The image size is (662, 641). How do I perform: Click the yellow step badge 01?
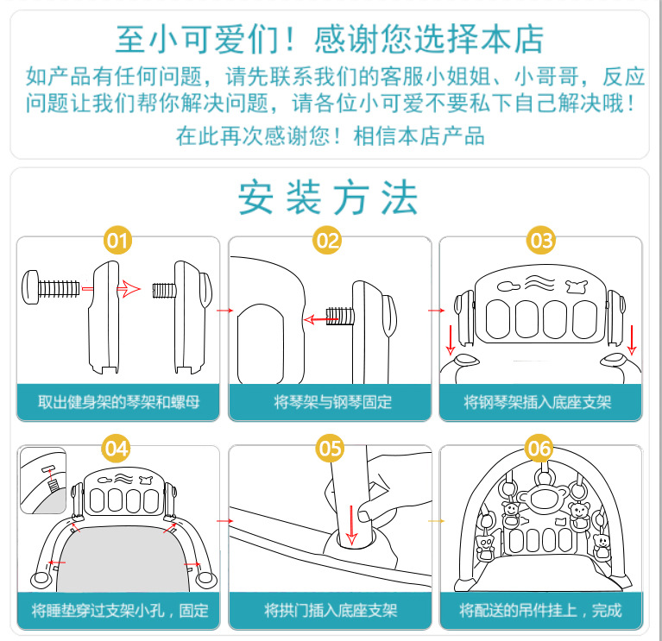tap(118, 241)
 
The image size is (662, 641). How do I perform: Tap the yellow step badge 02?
tap(328, 241)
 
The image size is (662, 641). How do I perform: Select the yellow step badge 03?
tap(541, 241)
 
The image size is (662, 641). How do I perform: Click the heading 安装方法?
tap(329, 198)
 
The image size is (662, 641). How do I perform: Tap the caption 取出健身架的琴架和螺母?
tap(119, 402)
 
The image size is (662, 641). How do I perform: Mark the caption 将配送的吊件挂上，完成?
tap(540, 611)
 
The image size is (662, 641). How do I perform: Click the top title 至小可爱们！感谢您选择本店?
tap(330, 39)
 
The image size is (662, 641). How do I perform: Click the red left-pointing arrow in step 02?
tap(318, 318)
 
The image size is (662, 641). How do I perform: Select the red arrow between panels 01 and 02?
tap(222, 309)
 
